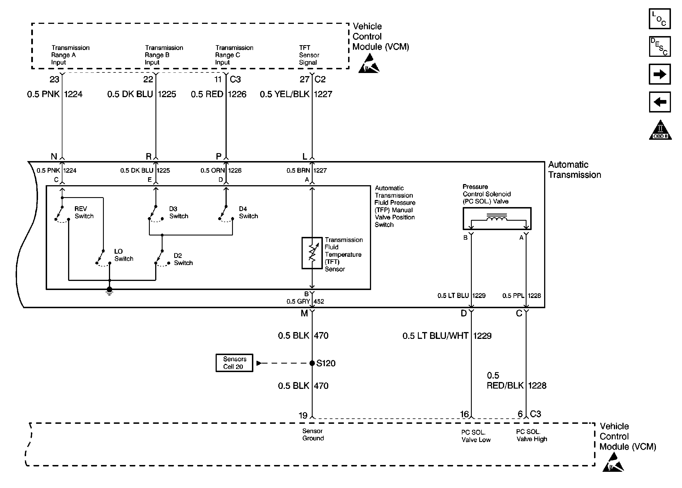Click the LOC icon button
pyautogui.click(x=660, y=19)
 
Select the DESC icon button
pyautogui.click(x=660, y=47)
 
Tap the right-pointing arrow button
pyautogui.click(x=660, y=74)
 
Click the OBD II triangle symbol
pyautogui.click(x=660, y=130)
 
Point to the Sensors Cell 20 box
pyautogui.click(x=234, y=363)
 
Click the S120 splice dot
pyautogui.click(x=312, y=363)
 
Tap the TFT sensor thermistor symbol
pyautogui.click(x=312, y=253)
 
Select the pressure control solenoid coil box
pyautogui.click(x=497, y=218)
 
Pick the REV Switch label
pyautogui.click(x=84, y=212)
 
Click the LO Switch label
pyautogui.click(x=124, y=255)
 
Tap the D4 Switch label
pyautogui.click(x=249, y=212)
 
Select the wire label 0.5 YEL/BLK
pyautogui.click(x=285, y=94)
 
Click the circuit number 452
pyautogui.click(x=319, y=301)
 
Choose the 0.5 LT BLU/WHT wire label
pyautogui.click(x=435, y=336)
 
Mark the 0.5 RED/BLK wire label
pyautogui.click(x=505, y=380)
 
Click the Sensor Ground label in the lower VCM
pyautogui.click(x=313, y=435)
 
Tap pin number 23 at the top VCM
pyautogui.click(x=54, y=79)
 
